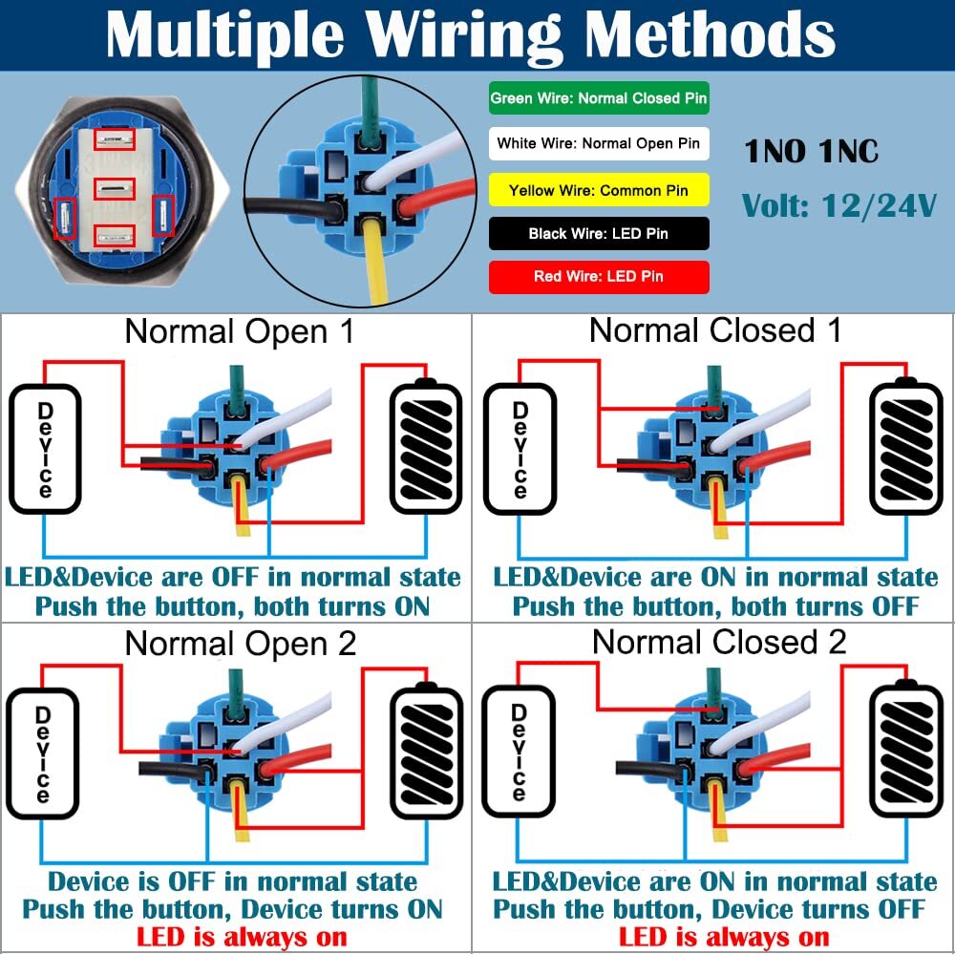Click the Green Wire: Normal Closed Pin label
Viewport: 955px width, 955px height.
pyautogui.click(x=599, y=98)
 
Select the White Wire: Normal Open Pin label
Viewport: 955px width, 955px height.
pyautogui.click(x=599, y=144)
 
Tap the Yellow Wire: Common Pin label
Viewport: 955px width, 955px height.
pyautogui.click(x=599, y=190)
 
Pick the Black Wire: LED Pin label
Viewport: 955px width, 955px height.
pyautogui.click(x=599, y=233)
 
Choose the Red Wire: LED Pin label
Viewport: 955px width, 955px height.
pyautogui.click(x=599, y=277)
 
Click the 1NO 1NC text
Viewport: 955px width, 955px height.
pyautogui.click(x=811, y=151)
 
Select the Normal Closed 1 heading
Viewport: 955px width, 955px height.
pyautogui.click(x=715, y=330)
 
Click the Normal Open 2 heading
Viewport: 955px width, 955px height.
pyautogui.click(x=241, y=644)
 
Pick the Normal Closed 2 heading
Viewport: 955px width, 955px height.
pyautogui.click(x=719, y=642)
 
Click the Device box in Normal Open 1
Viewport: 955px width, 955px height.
pyautogui.click(x=44, y=449)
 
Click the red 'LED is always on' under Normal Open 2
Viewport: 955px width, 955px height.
pyautogui.click(x=242, y=937)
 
